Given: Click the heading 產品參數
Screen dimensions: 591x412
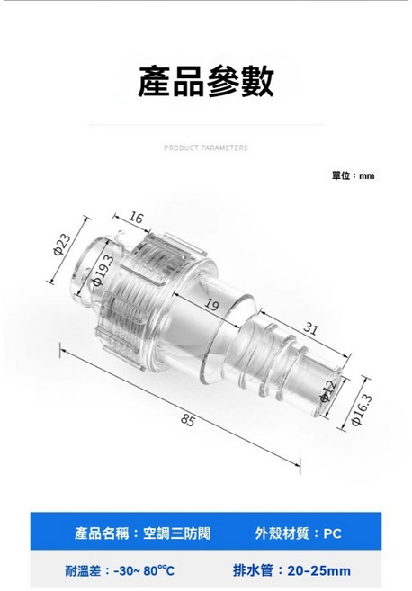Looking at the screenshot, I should [x=206, y=80].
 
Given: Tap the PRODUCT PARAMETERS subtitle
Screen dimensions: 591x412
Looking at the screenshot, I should [x=206, y=148].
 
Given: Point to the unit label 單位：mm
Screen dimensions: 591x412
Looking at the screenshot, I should [x=353, y=175].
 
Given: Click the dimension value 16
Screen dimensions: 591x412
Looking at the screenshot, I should [x=136, y=219].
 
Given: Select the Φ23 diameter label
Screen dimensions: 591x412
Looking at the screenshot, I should [x=62, y=246].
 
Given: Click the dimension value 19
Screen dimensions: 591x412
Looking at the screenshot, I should [x=212, y=306].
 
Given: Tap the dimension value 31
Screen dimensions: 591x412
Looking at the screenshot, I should [x=310, y=329].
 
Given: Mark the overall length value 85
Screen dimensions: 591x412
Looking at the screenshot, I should [x=188, y=420].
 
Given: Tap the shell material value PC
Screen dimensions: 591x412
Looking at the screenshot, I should [x=332, y=533].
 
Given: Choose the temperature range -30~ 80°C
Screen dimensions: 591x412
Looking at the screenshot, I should [x=145, y=570].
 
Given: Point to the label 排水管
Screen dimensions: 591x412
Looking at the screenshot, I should [x=253, y=570].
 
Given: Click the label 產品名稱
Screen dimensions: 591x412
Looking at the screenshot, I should [x=103, y=533].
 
